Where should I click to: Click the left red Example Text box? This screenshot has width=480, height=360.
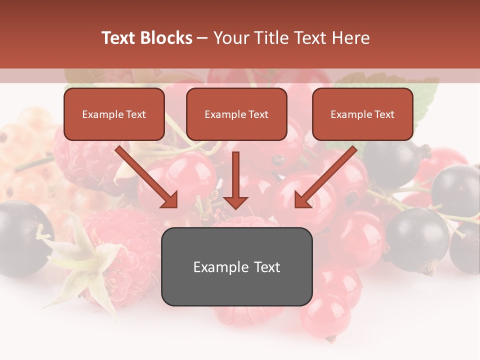[x=114, y=114]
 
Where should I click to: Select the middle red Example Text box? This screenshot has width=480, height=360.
[x=236, y=114]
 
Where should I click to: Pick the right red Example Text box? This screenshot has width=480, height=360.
[x=362, y=114]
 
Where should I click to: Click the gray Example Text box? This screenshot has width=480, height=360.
[x=236, y=266]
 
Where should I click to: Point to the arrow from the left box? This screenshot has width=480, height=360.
[x=145, y=175]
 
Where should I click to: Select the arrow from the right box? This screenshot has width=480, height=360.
[x=327, y=175]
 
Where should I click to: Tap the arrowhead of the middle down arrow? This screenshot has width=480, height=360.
[x=235, y=202]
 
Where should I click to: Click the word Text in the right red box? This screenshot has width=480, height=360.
[x=384, y=114]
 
